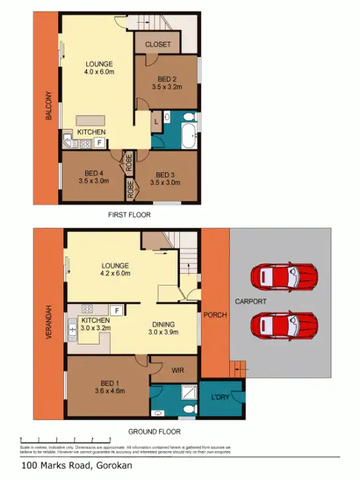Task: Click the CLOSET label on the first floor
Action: click(x=157, y=45)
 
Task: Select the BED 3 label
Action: click(x=164, y=175)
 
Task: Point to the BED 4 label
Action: click(x=92, y=175)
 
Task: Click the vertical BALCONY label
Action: click(x=48, y=107)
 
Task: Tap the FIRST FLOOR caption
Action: click(x=130, y=215)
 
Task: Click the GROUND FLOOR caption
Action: click(x=155, y=432)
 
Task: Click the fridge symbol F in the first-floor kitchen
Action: click(x=99, y=141)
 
